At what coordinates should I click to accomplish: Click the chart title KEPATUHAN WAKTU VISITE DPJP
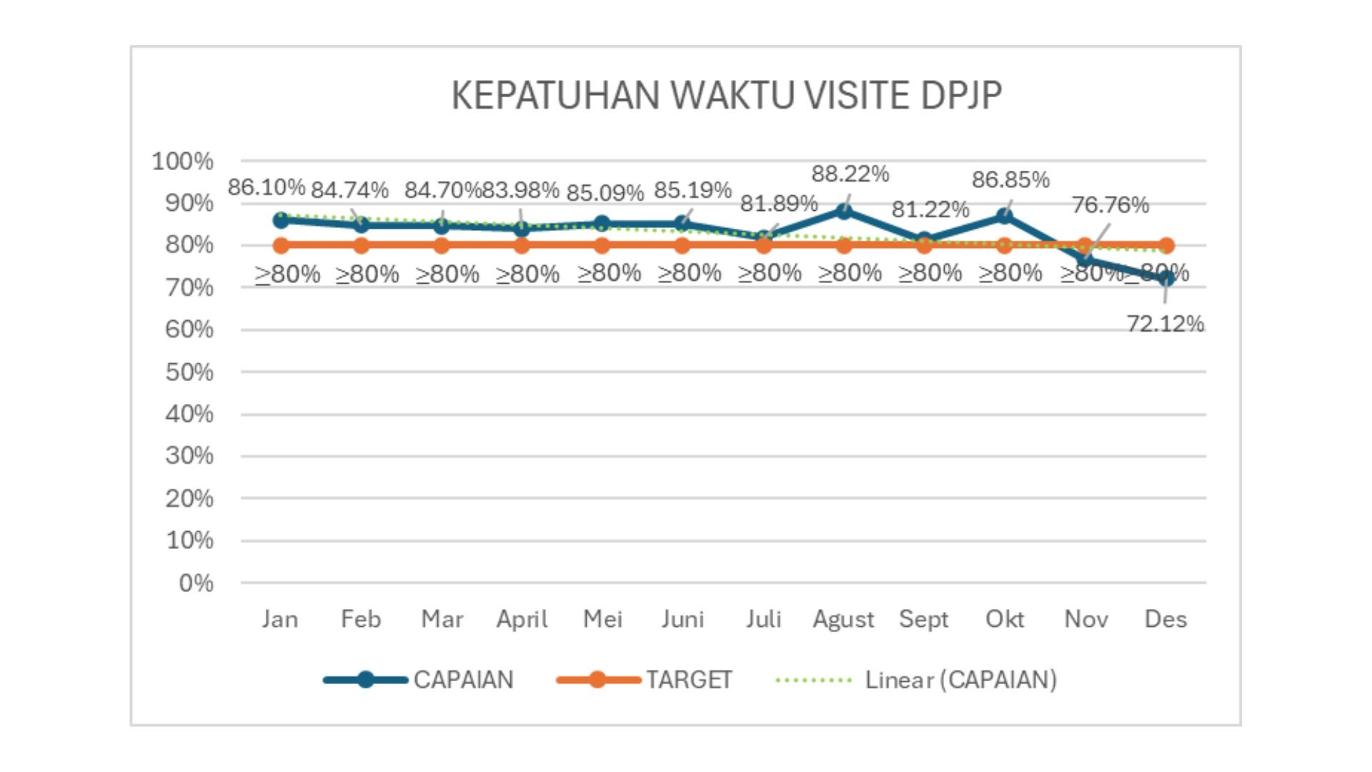pos(726,95)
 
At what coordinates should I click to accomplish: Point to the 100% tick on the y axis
pos(182,162)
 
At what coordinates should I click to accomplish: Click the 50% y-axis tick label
pos(189,372)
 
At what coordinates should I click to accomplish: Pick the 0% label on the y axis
pos(196,583)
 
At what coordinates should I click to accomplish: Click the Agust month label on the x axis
pos(843,619)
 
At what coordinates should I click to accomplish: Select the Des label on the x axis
pos(1165,619)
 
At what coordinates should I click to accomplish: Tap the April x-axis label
pos(522,619)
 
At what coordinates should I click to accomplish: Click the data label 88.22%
pos(850,174)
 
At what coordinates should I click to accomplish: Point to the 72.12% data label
pos(1165,324)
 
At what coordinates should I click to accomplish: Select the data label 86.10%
pos(267,187)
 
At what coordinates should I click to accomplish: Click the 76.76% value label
pos(1110,205)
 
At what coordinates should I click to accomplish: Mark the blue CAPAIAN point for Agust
pos(844,211)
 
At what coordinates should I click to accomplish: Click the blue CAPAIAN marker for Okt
pos(1005,216)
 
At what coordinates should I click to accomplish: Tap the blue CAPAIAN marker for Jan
pos(281,219)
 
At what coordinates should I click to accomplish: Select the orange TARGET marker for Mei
pos(602,245)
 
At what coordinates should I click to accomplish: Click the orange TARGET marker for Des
pos(1166,245)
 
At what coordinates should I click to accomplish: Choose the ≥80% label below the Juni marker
pos(689,273)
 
